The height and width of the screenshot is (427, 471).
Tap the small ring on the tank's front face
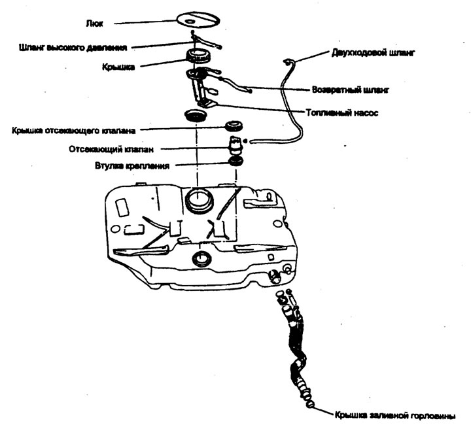[x=201, y=260]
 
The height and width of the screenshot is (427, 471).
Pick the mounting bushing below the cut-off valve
[x=235, y=162]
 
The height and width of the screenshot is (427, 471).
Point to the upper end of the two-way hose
[x=288, y=61]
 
